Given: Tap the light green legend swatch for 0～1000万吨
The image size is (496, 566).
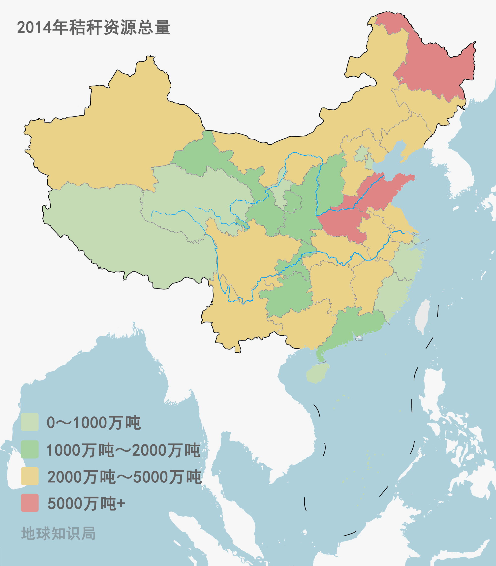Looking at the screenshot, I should click(30, 422).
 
